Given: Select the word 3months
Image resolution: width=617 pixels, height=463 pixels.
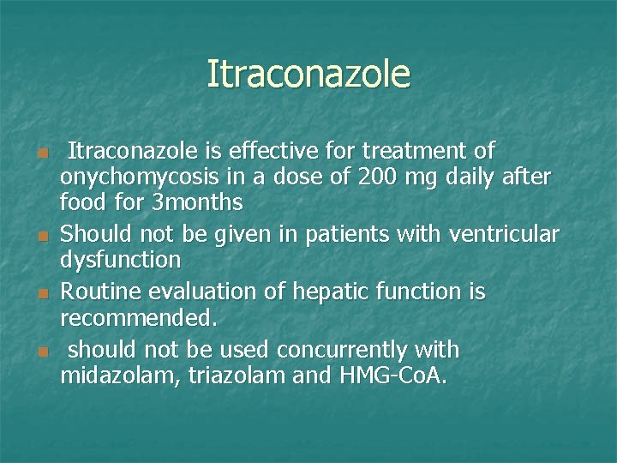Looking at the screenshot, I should click(201, 203).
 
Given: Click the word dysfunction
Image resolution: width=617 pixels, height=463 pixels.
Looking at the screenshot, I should click(121, 259).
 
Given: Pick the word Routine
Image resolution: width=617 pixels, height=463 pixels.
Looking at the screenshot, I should click(102, 292).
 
